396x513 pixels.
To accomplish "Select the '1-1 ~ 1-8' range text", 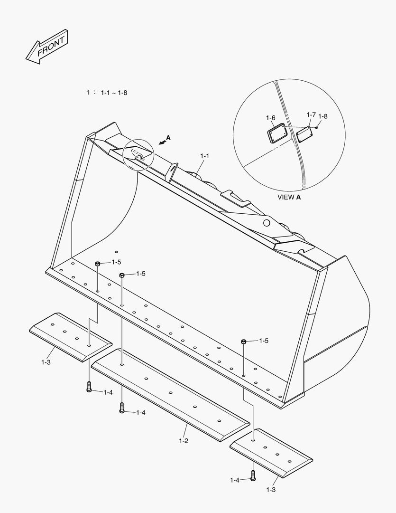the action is (x=114, y=93).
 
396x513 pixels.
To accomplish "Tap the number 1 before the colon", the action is (x=88, y=93).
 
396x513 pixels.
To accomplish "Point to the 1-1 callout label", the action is (x=205, y=155).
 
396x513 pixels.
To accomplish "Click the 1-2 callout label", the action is (x=184, y=441).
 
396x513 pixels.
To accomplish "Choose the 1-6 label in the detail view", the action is (x=270, y=117).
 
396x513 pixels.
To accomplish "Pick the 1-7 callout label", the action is (x=311, y=115).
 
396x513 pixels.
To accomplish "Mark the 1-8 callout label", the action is (x=322, y=116).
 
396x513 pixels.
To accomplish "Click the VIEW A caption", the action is (x=289, y=197).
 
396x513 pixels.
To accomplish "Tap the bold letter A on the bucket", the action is (x=168, y=138).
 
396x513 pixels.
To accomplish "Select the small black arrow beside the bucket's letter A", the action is (x=162, y=142).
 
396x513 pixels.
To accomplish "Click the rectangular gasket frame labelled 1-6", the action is (x=276, y=133).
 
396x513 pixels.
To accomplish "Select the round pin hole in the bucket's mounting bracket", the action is (x=266, y=222).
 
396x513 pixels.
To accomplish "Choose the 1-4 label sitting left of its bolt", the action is (x=235, y=480).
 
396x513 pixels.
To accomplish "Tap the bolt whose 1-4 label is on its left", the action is (x=252, y=475).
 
